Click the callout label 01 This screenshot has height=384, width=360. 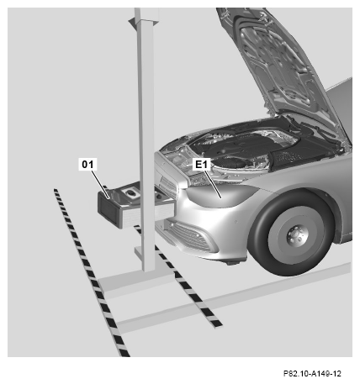coord(87,164)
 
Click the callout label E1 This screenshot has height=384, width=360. coord(202,164)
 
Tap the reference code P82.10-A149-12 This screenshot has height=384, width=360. coord(312,373)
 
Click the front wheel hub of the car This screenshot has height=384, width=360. coord(297,234)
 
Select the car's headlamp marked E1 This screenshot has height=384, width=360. coord(221,195)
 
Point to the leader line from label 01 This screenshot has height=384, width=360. coord(100,184)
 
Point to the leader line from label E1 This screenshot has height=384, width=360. coord(213,184)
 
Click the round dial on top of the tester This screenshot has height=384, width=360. coord(130,192)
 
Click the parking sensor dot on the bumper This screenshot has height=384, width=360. coord(236,222)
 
